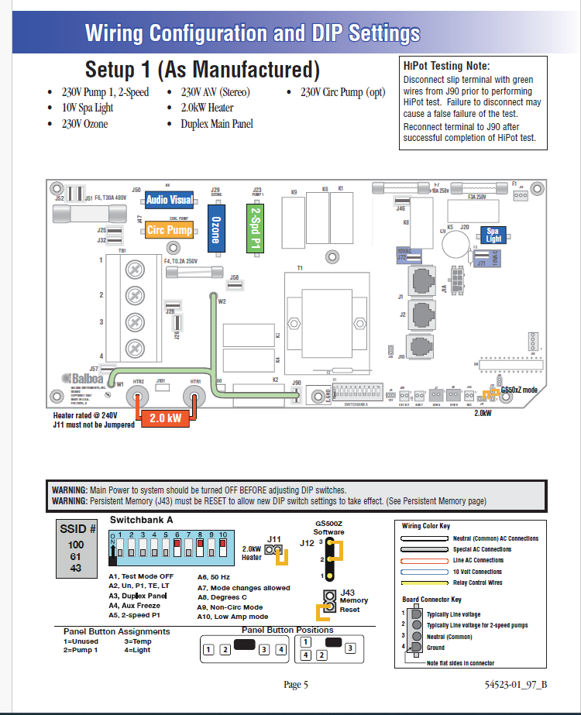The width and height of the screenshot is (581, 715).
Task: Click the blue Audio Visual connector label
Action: [170, 201]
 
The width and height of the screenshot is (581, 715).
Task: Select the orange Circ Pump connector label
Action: [169, 230]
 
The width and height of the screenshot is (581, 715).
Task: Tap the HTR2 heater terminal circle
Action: [139, 398]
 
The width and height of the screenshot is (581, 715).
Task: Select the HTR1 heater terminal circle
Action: [194, 398]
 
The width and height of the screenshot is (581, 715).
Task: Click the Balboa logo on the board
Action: [82, 380]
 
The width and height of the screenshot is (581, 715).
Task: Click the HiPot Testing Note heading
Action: [447, 67]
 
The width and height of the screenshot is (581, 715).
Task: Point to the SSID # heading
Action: [77, 530]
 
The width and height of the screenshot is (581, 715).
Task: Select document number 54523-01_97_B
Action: [516, 685]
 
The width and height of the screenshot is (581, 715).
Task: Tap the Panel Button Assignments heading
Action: [116, 631]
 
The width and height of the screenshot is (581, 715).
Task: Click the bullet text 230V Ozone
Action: [85, 124]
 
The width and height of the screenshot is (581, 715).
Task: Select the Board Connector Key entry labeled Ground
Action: [436, 648]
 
